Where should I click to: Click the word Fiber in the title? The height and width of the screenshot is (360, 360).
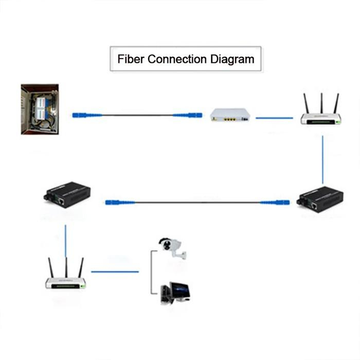[131, 59]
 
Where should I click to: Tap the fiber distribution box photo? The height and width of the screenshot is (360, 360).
[40, 109]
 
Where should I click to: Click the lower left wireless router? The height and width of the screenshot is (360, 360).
[66, 281]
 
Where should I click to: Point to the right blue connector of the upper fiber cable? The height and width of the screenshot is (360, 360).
[188, 115]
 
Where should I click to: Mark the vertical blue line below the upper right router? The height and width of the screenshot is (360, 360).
[323, 159]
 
